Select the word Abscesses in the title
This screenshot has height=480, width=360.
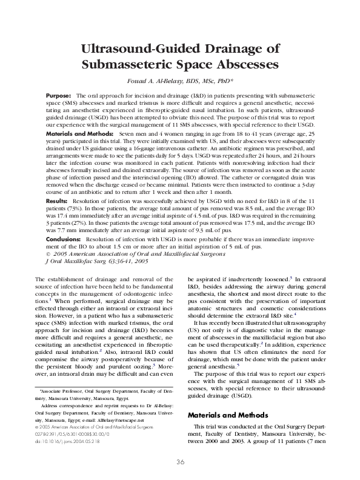(239, 64)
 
